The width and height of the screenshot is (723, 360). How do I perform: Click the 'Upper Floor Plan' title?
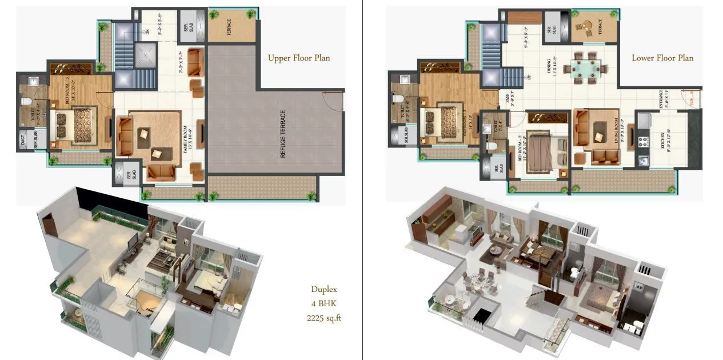tap(299, 58)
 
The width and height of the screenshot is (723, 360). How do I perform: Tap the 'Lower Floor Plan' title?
tap(662, 58)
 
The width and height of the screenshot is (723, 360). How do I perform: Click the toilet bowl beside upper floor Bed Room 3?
tap(26, 101)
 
